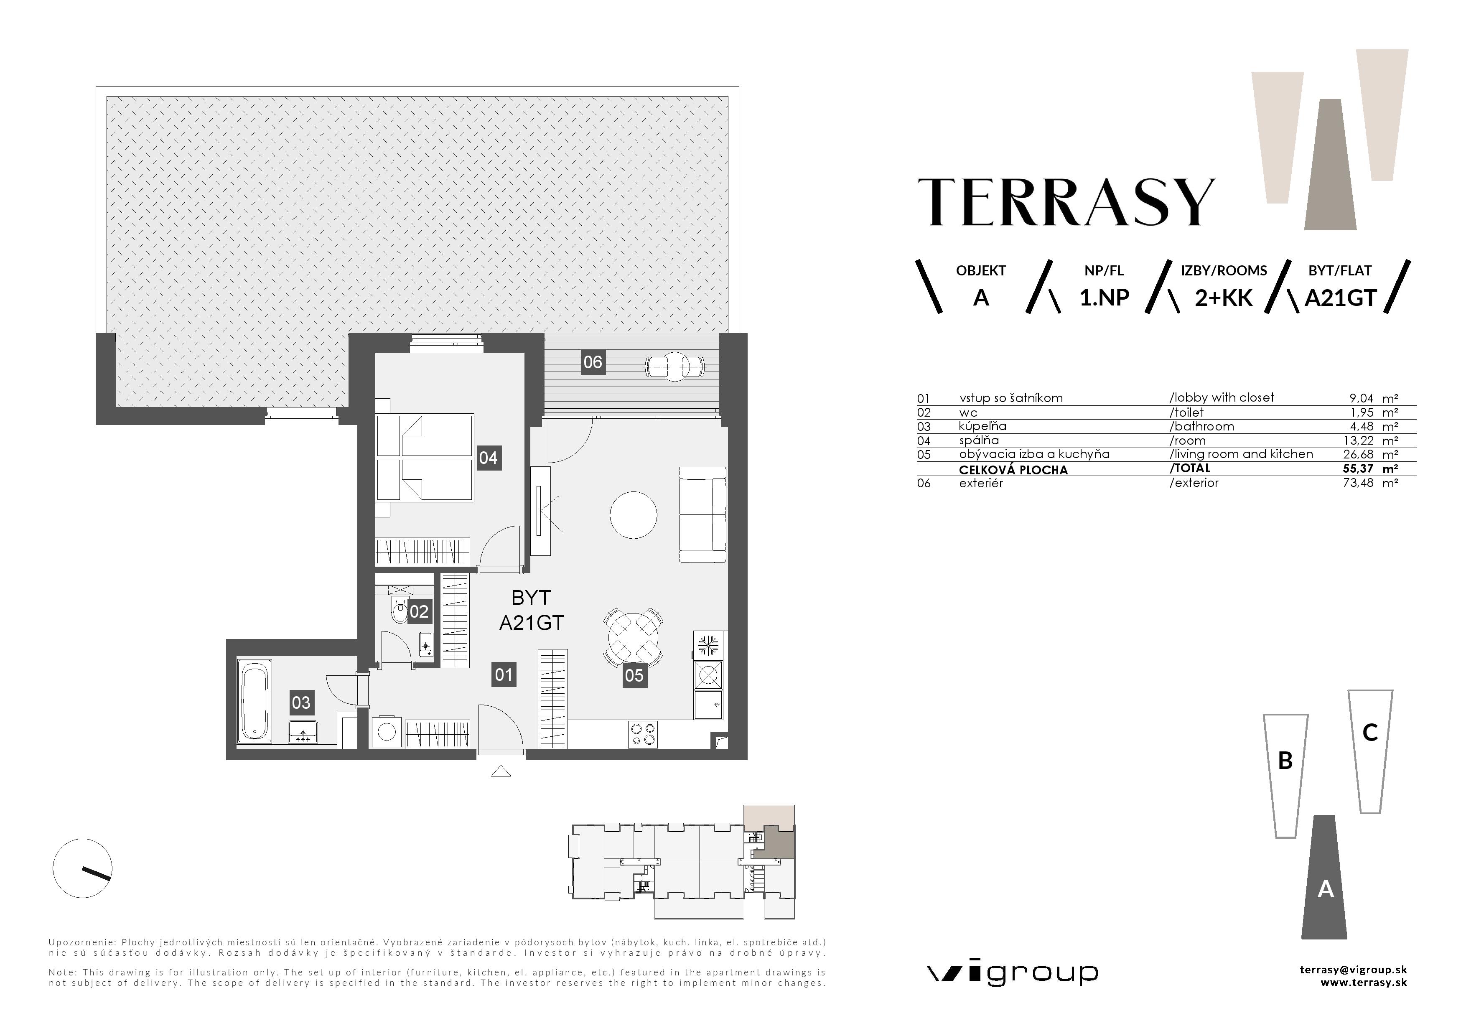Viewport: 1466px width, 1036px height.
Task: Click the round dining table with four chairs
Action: [x=633, y=636]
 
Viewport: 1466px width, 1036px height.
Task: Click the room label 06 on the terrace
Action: [x=593, y=362]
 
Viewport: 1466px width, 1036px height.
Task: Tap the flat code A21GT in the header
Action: [x=1339, y=298]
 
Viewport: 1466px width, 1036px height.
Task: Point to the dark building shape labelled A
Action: [x=1324, y=881]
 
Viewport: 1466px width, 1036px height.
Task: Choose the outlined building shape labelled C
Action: [x=1369, y=750]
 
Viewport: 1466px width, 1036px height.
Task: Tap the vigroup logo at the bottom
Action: [x=1012, y=973]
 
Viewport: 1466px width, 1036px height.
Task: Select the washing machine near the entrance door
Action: [x=386, y=731]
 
